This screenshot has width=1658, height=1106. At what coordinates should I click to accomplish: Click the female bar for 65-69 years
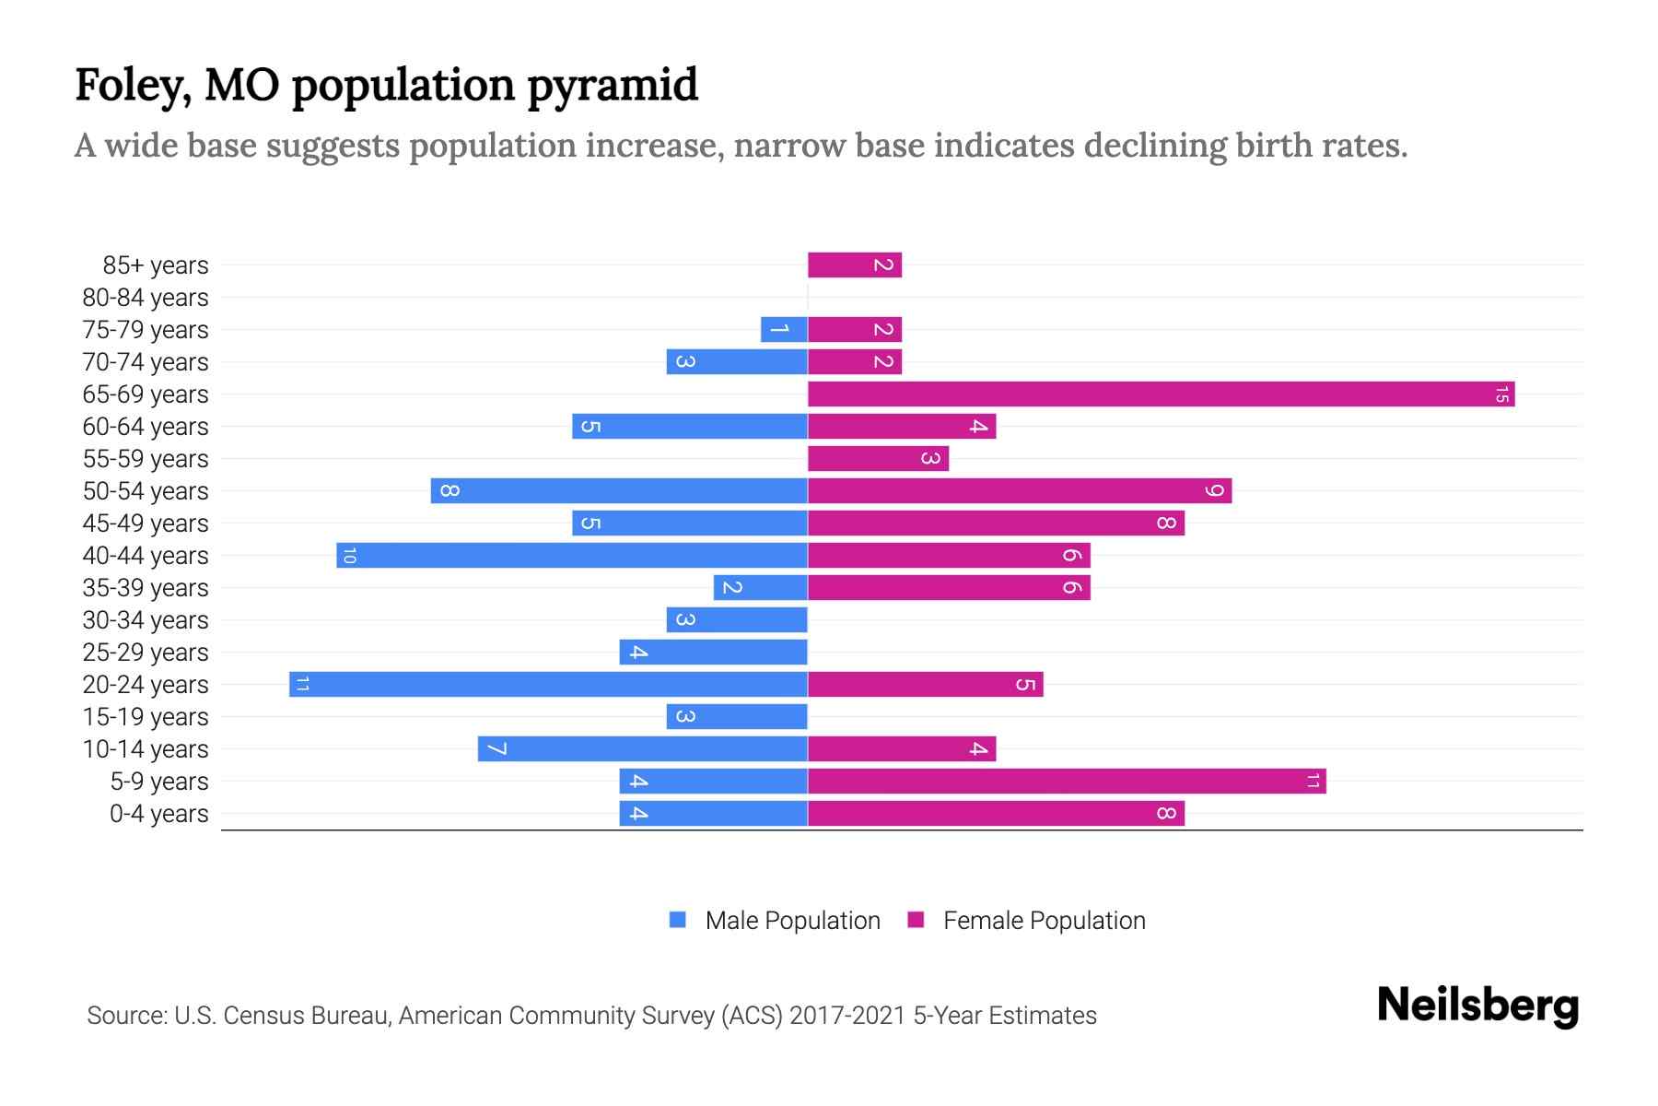tap(1161, 394)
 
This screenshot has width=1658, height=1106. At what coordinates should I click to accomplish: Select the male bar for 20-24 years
tap(548, 685)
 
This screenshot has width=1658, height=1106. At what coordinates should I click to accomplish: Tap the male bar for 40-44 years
tap(571, 556)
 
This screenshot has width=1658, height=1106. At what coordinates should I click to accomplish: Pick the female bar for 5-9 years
tap(1067, 782)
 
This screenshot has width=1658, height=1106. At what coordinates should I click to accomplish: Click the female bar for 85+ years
tap(854, 265)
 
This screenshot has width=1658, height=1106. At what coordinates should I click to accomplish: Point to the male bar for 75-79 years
tap(784, 330)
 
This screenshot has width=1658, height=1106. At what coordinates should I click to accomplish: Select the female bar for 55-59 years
tap(878, 459)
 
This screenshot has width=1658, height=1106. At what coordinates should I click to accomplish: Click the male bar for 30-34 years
tap(737, 620)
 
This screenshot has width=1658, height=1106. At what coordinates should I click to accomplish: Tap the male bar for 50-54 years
tap(619, 491)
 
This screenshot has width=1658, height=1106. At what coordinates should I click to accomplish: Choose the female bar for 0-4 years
tap(996, 814)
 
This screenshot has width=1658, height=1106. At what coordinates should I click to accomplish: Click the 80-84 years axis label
tap(146, 298)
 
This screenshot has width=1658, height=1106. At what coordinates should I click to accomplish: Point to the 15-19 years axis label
tap(146, 717)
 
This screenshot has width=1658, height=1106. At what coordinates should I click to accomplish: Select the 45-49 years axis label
tap(146, 524)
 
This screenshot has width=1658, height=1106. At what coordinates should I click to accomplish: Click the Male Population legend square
tap(678, 920)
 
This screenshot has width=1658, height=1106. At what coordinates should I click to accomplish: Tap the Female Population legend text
tap(1044, 921)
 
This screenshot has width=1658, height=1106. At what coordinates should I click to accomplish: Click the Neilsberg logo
tap(1477, 1006)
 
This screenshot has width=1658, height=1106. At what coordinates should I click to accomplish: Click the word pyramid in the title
tap(613, 86)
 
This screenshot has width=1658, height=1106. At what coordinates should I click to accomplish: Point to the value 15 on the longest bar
tap(1501, 394)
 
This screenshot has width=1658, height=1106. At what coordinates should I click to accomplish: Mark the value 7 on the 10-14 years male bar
tap(496, 749)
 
